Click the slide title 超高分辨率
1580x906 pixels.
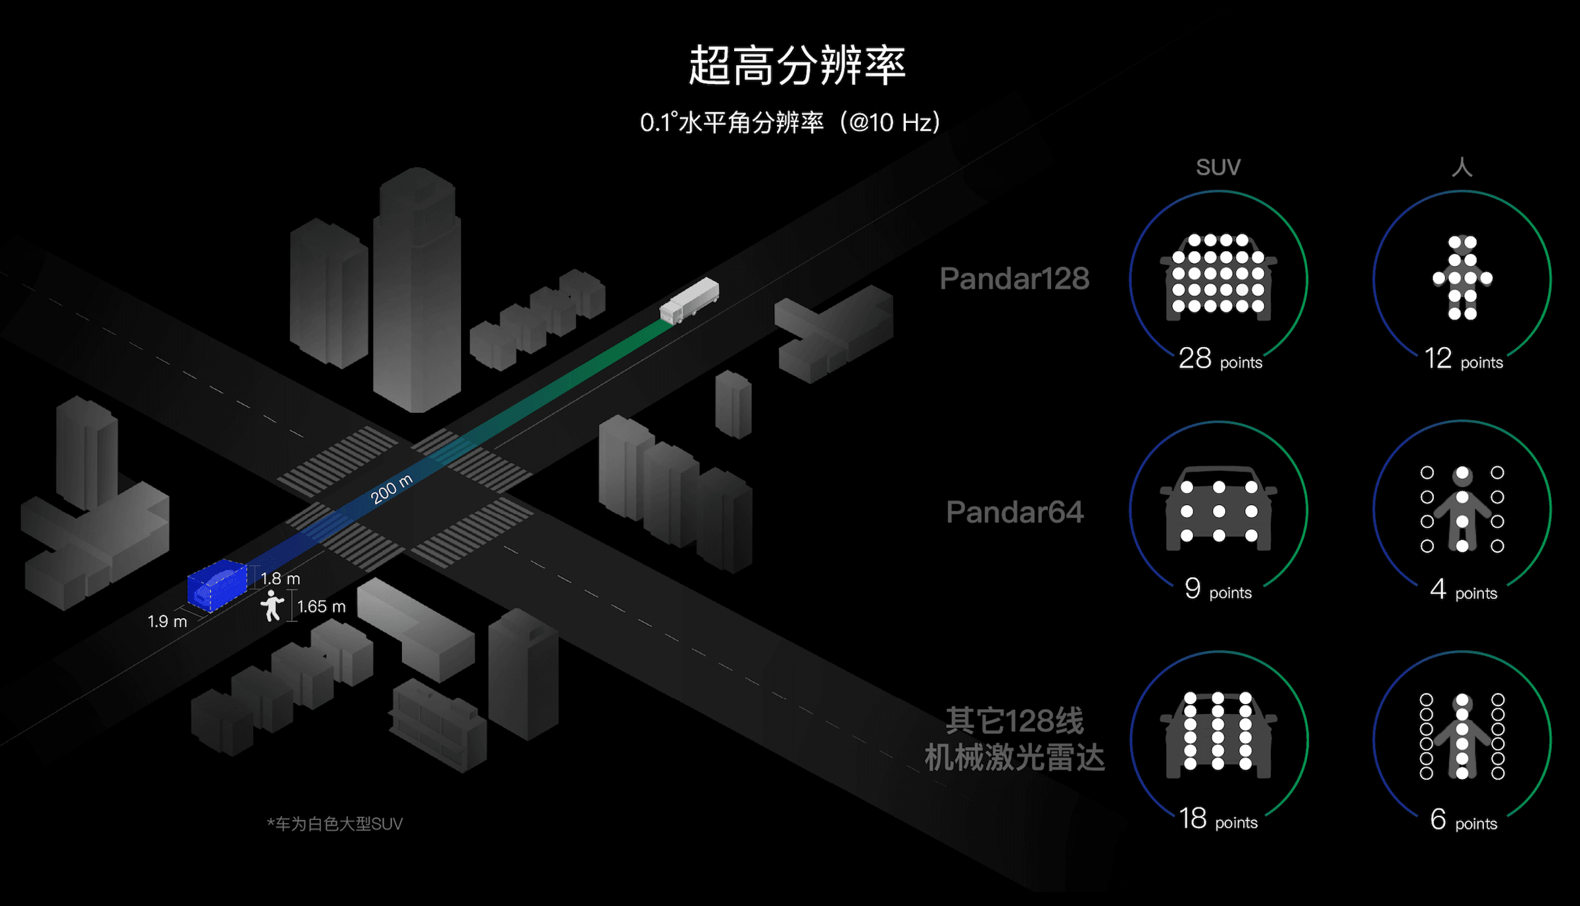[797, 66]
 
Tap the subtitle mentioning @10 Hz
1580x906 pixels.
[790, 123]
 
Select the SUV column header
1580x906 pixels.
[1218, 168]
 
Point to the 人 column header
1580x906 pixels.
[1462, 167]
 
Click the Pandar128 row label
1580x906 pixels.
[1014, 279]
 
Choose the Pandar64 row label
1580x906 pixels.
[1014, 512]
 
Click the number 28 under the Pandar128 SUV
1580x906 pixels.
[1195, 359]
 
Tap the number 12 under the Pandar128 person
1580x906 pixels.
[1438, 359]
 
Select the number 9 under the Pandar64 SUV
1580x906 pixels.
[1193, 589]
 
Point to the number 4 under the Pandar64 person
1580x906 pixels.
[1438, 590]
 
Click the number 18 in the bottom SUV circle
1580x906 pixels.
[1193, 819]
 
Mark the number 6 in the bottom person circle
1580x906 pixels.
[1438, 820]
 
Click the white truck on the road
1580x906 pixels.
[689, 301]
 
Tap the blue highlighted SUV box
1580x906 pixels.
[217, 585]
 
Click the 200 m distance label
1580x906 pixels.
[391, 489]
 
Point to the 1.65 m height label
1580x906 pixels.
[321, 607]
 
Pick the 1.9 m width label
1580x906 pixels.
[167, 622]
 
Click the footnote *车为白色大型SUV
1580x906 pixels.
[335, 824]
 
